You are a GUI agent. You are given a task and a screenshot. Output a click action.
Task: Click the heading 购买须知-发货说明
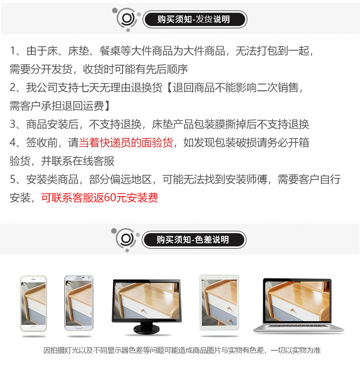pyautogui.click(x=194, y=19)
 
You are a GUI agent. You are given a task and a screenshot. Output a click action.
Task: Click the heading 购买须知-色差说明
pyautogui.click(x=193, y=240)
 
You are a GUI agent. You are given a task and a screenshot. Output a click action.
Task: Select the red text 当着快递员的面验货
pyautogui.click(x=126, y=142)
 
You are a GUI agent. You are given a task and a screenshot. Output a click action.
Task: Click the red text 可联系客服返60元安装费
pyautogui.click(x=99, y=198)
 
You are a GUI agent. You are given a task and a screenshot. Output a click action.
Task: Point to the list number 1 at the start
pyautogui.click(x=13, y=51)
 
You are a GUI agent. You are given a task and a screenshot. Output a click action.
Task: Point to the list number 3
pyautogui.click(x=13, y=124)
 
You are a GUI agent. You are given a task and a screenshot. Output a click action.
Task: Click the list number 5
pyautogui.click(x=13, y=179)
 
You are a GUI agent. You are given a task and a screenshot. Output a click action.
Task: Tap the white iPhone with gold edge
pyautogui.click(x=33, y=303)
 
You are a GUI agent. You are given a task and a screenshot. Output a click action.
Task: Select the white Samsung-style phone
pyautogui.click(x=79, y=303)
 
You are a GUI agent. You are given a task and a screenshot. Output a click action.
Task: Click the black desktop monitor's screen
pyautogui.click(x=147, y=300)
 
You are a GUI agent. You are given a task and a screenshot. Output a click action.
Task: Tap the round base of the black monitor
pyautogui.click(x=147, y=329)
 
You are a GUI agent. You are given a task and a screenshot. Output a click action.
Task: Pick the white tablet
pyautogui.click(x=219, y=302)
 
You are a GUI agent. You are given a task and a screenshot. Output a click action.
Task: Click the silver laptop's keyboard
pyautogui.click(x=298, y=325)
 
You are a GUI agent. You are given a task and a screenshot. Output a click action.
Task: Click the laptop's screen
pyautogui.click(x=297, y=300)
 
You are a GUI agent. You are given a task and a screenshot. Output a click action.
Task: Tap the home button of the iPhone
pyautogui.click(x=33, y=328)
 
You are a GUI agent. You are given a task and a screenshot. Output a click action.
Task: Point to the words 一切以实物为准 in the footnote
pyautogui.click(x=296, y=350)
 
